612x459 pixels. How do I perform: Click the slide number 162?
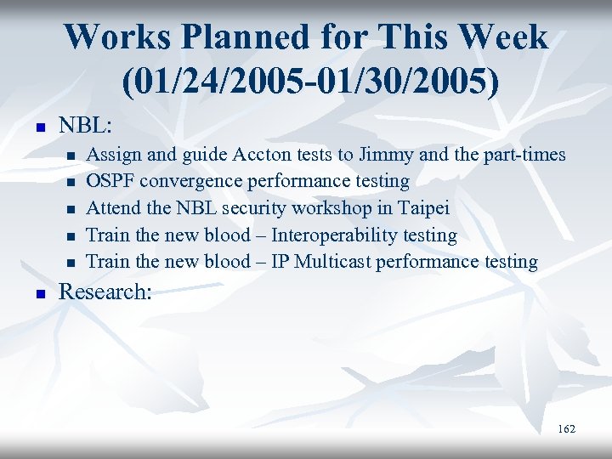566,429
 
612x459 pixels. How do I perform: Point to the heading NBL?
85,125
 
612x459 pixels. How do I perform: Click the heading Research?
105,292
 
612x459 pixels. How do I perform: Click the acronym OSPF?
111,181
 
